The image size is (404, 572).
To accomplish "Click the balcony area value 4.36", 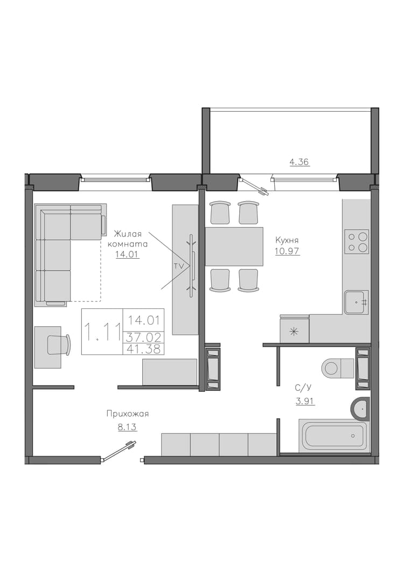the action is [x=299, y=162].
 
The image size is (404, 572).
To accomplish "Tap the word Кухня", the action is [x=287, y=240].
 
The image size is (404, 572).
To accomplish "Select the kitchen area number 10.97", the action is [x=288, y=251].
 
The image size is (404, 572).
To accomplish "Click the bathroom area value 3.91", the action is [x=305, y=402].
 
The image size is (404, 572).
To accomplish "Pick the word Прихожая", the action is [x=128, y=414].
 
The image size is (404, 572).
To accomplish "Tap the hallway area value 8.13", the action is [x=127, y=427].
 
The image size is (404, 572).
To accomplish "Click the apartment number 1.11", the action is [x=102, y=332].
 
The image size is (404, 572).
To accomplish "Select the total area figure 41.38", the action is [x=144, y=349].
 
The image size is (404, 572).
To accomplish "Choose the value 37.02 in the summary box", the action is [x=144, y=337].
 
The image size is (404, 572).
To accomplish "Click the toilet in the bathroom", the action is [x=338, y=368].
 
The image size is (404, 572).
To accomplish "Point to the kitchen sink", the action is [x=357, y=302].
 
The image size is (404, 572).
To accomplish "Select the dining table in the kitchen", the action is [x=234, y=246].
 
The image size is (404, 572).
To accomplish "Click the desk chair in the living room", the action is [x=59, y=344].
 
